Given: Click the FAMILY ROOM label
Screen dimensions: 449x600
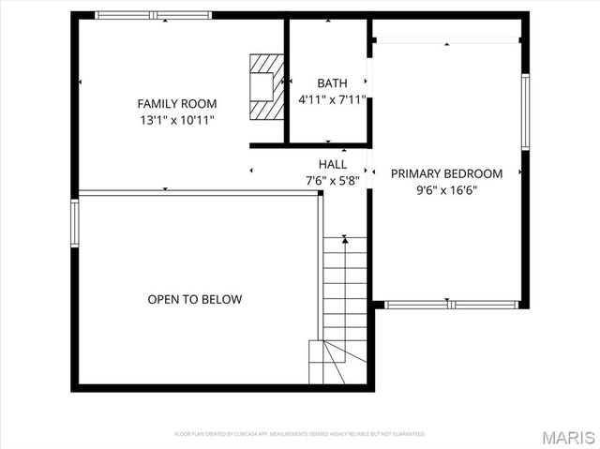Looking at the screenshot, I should click(177, 103).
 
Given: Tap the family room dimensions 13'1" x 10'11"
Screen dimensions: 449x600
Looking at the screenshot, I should click(177, 120).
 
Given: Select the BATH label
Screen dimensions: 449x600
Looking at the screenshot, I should click(332, 83).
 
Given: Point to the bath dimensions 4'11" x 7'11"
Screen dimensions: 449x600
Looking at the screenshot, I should click(332, 99).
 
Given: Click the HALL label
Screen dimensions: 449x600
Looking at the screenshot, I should click(332, 164).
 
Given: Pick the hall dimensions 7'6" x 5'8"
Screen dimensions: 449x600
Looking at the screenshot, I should click(332, 180).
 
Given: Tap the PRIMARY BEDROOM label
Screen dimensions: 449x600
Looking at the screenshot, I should click(446, 173).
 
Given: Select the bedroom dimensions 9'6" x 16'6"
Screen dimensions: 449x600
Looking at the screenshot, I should click(446, 189).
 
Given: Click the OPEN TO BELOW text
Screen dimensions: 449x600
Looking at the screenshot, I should click(195, 300).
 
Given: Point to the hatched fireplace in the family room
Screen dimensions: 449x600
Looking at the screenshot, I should click(265, 85).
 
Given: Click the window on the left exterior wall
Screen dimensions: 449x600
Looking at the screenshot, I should click(75, 223).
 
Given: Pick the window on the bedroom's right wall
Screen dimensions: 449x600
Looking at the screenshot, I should click(526, 112).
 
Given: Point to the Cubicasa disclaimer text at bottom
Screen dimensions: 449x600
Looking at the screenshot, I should click(300, 434).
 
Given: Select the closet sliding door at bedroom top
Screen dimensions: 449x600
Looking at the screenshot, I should click(447, 40).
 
